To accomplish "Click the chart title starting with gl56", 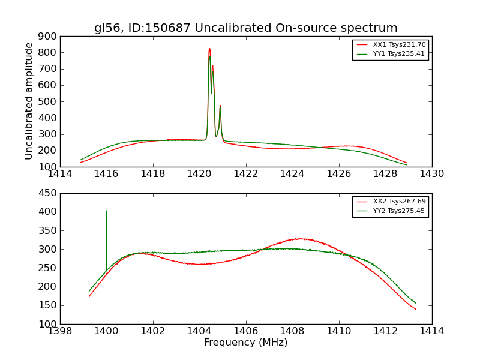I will coord(245,28).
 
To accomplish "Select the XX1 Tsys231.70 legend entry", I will coord(400,44).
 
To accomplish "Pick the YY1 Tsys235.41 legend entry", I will coord(400,53).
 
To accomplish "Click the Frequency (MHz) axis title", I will coord(245,343).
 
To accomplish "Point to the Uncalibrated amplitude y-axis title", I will coord(29,101).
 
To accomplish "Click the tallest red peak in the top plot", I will coord(209,49).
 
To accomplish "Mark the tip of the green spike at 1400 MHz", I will coord(107,211).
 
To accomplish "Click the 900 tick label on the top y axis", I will coord(49,36).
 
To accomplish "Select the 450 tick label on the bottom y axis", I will coord(49,193).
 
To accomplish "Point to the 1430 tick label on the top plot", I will coord(431,174).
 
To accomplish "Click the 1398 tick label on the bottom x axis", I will coord(60,331).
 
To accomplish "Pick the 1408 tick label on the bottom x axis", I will coord(292,331).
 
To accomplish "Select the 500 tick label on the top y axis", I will coord(49,101).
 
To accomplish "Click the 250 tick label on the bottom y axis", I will coord(49,268).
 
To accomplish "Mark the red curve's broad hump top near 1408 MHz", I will coord(299,239).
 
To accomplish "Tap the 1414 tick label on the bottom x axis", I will coord(431,331).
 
